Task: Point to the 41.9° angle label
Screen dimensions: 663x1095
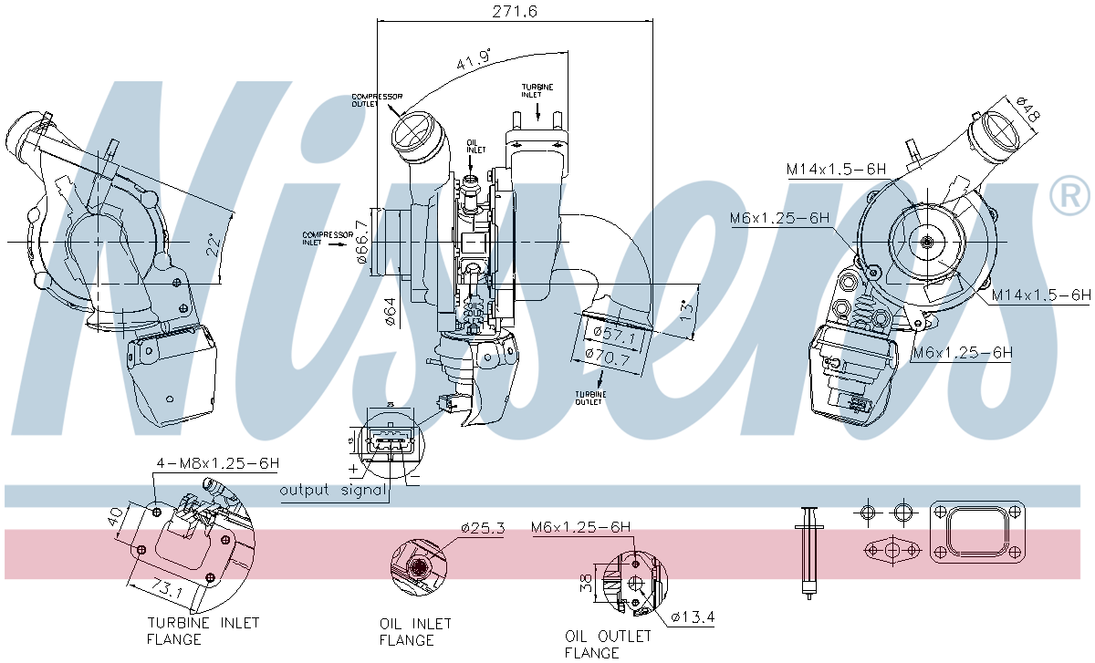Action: (x=474, y=60)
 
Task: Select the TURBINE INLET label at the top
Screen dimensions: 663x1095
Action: (x=537, y=90)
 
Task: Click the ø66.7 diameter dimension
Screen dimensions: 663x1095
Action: (x=362, y=243)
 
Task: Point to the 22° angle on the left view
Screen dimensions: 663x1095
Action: (x=213, y=244)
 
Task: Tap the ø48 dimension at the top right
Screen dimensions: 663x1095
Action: (x=1027, y=110)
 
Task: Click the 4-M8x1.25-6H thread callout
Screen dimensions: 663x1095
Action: (x=215, y=463)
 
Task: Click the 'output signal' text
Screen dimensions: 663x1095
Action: (x=333, y=490)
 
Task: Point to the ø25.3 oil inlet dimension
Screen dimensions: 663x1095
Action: (x=483, y=528)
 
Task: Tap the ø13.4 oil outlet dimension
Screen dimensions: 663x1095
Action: (x=693, y=617)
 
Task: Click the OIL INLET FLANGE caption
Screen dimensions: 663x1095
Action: (x=415, y=632)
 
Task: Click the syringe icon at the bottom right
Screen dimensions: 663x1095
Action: (x=808, y=551)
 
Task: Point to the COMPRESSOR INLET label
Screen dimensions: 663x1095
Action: (x=328, y=239)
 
